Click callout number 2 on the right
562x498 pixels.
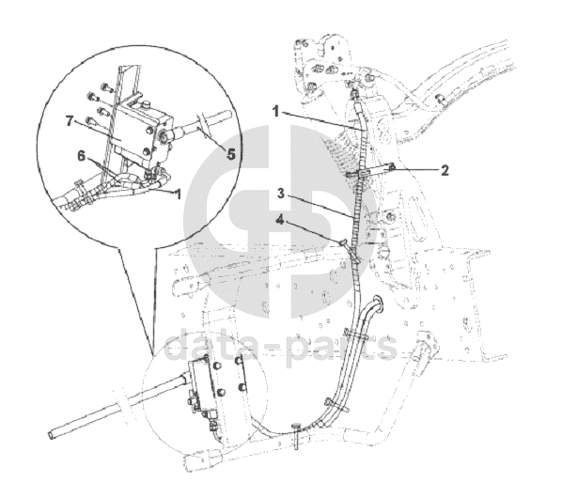tap(445, 170)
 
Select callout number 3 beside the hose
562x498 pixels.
tap(281, 194)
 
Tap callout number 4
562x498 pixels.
tap(279, 220)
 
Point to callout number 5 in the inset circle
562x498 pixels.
tap(231, 155)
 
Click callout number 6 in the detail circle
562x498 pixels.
tap(82, 156)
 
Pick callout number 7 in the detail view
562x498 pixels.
tap(70, 121)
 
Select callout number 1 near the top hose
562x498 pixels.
tap(275, 112)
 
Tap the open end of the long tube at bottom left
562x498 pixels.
tap(51, 435)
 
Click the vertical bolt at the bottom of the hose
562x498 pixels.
tap(297, 436)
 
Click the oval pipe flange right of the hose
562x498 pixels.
tap(379, 303)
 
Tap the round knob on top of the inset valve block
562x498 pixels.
tap(147, 104)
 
